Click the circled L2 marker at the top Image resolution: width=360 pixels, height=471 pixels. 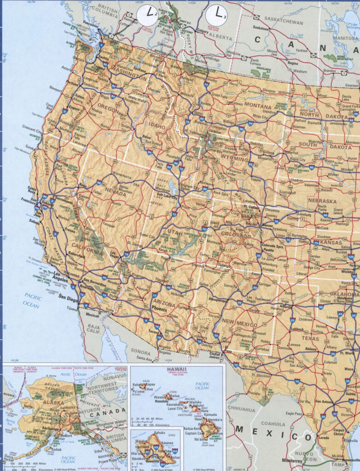coord(150,15)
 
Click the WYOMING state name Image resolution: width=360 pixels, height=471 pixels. coord(234,159)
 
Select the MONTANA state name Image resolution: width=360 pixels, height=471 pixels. coord(258,105)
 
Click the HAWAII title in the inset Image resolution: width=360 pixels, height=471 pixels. coord(177,369)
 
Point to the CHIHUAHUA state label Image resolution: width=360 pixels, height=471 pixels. coord(241,409)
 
